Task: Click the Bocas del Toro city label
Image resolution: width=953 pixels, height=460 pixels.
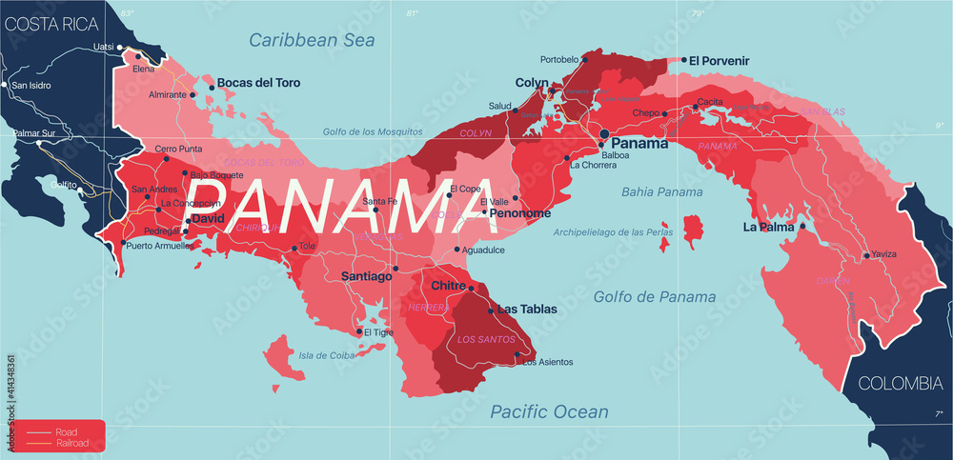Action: pos(258,83)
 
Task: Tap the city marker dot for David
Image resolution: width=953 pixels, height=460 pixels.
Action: pos(189,221)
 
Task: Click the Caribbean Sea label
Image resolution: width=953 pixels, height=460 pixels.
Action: pos(312,40)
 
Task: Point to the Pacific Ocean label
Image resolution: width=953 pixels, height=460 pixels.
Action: pos(548,411)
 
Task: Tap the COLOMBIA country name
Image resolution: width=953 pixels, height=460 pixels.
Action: pos(900,383)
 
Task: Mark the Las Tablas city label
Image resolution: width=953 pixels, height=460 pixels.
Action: pos(527,310)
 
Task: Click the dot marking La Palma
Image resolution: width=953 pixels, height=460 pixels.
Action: pos(802,228)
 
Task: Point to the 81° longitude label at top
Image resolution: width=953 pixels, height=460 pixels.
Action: pos(412,13)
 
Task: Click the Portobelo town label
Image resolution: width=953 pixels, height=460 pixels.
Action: pos(559,59)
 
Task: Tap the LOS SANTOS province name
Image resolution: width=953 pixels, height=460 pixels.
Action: pos(479,339)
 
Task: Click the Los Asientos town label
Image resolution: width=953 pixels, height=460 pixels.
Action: pos(548,362)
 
